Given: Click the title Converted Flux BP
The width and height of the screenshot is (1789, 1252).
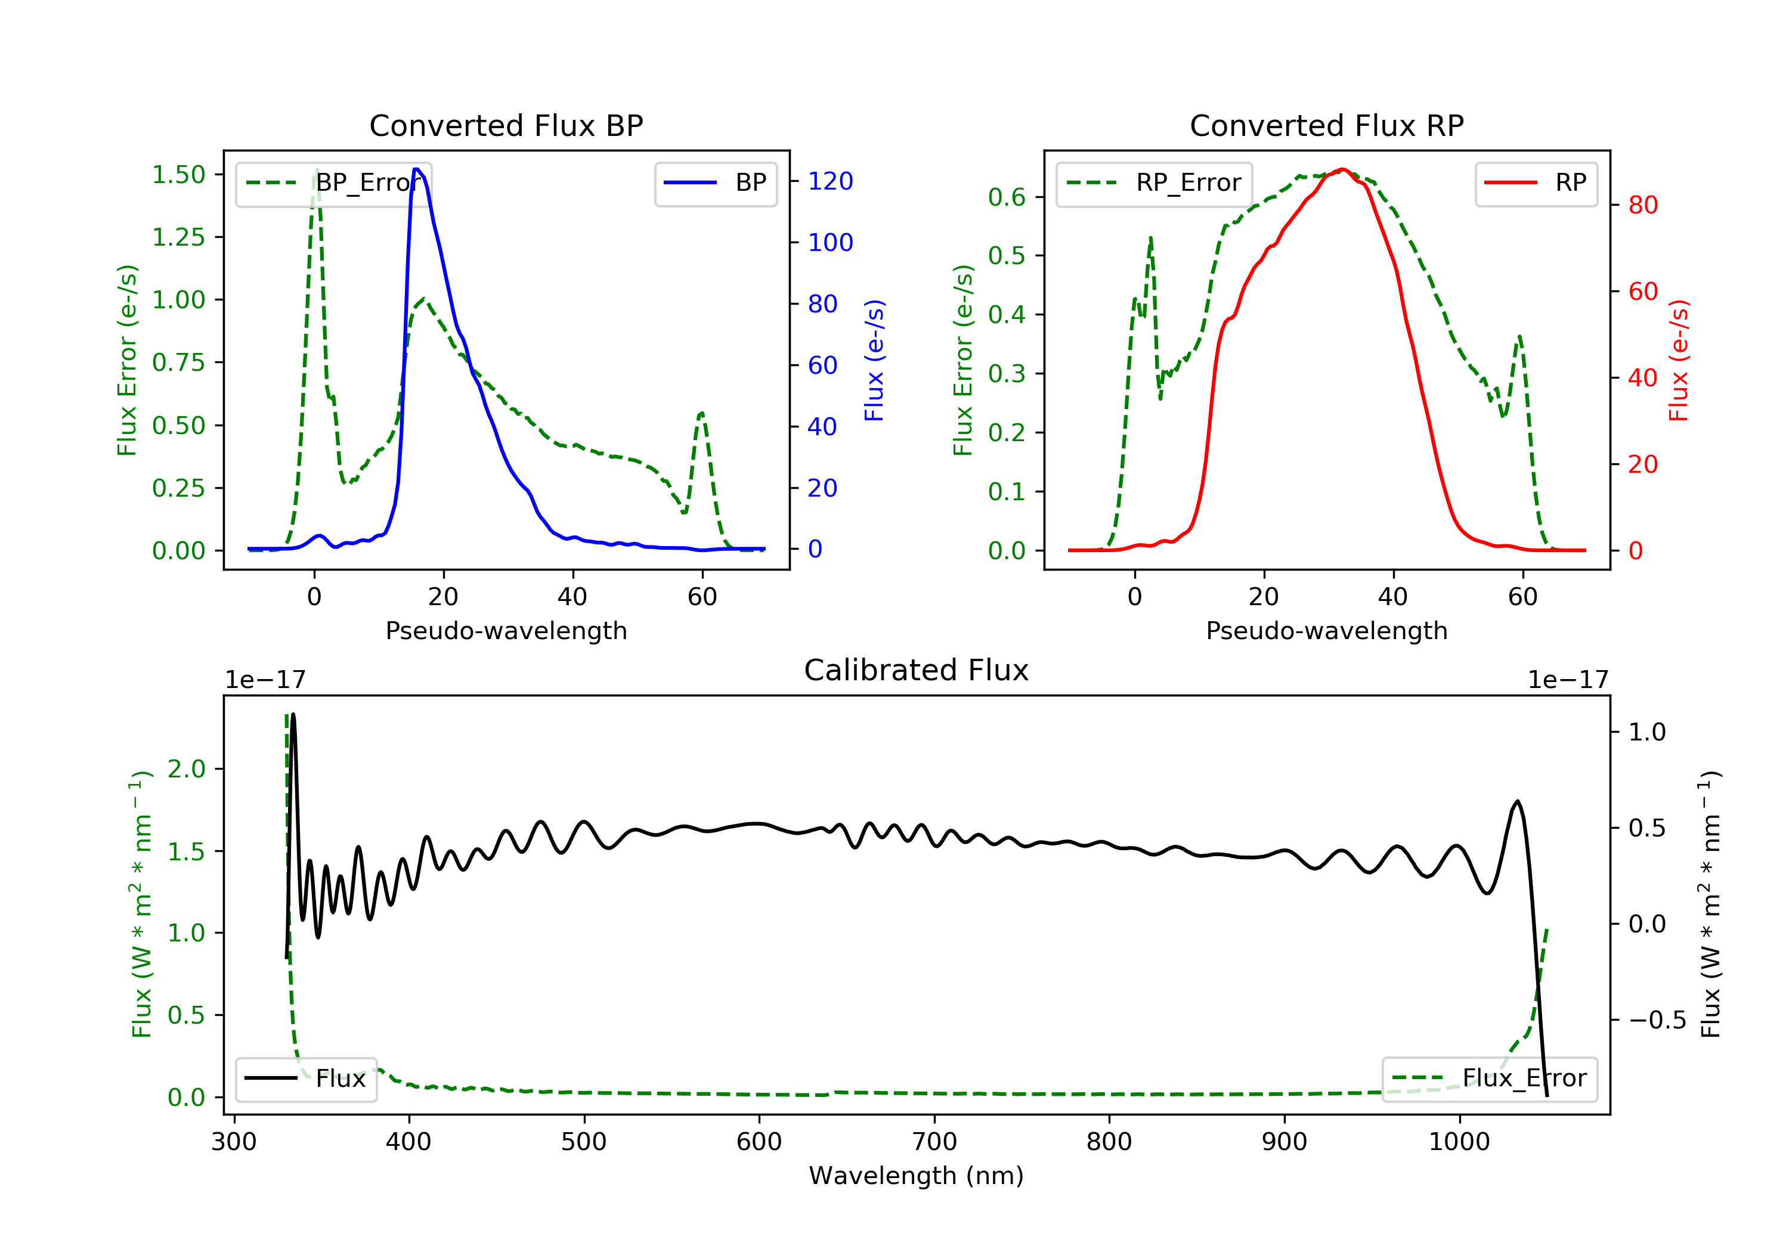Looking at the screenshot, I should (506, 125).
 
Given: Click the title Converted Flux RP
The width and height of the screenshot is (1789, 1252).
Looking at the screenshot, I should (1326, 125).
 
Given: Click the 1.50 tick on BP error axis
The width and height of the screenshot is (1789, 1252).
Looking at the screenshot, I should (178, 175).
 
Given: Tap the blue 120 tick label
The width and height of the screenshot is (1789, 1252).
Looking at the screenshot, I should (830, 181).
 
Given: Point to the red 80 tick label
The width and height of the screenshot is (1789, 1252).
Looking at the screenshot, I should (1642, 206).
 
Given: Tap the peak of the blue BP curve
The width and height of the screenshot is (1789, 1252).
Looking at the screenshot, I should (417, 169).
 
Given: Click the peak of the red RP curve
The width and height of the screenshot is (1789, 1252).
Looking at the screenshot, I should (1342, 169).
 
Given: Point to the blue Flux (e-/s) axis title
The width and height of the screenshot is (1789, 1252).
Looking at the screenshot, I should (874, 361).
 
